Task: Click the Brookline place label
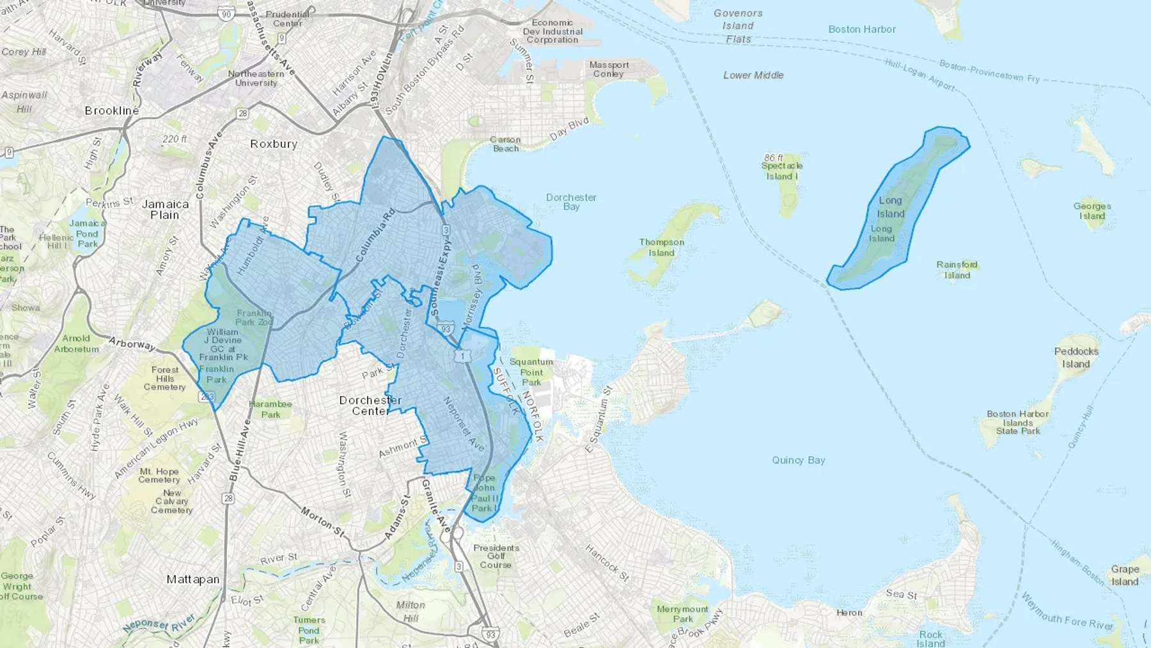[x=112, y=111]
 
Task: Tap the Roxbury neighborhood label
[x=274, y=144]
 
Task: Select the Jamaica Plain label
[x=165, y=210]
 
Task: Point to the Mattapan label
[x=193, y=580]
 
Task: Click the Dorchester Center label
[x=370, y=406]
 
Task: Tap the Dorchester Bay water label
[x=571, y=202]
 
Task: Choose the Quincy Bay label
[x=798, y=460]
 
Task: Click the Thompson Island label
[x=662, y=248]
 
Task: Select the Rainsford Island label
[x=957, y=270]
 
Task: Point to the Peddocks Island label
[x=1076, y=358]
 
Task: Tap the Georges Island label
[x=1092, y=211]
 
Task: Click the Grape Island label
[x=1125, y=575]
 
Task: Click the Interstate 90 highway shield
[x=226, y=14]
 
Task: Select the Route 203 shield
[x=207, y=397]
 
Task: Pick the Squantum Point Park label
[x=531, y=372]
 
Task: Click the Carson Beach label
[x=505, y=144]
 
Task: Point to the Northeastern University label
[x=256, y=78]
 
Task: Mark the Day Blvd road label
[x=569, y=129]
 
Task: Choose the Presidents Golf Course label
[x=496, y=557]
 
